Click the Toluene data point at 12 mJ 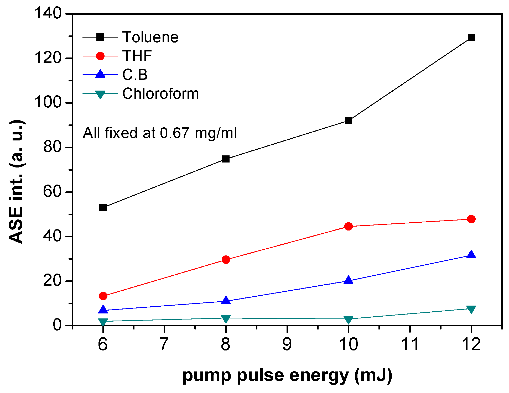(471, 38)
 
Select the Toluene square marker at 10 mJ (349, 120)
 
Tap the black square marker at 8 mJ (226, 159)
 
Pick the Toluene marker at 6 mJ (103, 207)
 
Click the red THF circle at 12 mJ (471, 219)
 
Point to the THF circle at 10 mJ (349, 226)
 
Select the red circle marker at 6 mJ (103, 296)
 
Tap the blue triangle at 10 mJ (349, 280)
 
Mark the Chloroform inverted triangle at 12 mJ (471, 309)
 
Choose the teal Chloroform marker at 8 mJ (226, 318)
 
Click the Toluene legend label (150, 37)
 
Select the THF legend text (137, 56)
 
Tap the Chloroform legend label (160, 94)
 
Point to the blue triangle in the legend (100, 74)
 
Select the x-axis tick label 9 (287, 344)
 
